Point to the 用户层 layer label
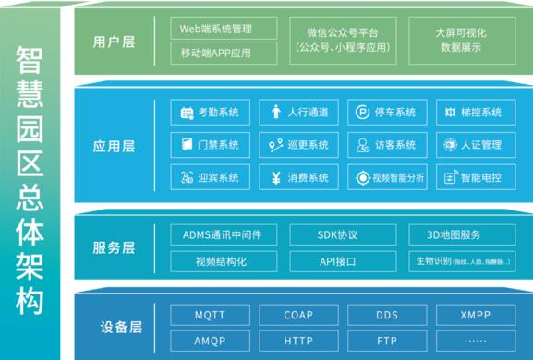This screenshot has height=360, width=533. [x=115, y=42]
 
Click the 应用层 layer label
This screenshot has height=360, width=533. [x=115, y=146]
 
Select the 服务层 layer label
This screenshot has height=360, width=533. [x=115, y=247]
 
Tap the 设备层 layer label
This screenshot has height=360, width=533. [x=115, y=328]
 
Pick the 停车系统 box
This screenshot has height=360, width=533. [x=387, y=114]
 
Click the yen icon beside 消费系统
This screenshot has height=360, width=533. [x=275, y=177]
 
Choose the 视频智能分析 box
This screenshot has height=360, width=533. [x=387, y=177]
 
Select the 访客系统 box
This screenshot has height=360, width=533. [x=387, y=145]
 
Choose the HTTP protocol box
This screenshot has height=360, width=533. [x=297, y=340]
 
